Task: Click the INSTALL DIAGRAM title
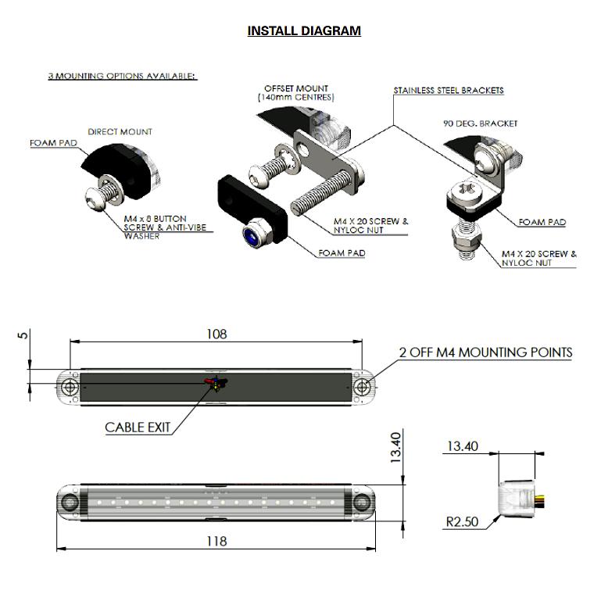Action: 304,31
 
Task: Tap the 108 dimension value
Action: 216,334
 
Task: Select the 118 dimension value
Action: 216,541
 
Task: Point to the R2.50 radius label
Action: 462,521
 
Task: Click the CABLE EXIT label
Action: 138,427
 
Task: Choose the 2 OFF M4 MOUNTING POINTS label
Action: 485,352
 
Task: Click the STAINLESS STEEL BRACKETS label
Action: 448,91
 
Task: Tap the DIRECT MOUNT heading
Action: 120,132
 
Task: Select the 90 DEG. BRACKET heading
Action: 481,123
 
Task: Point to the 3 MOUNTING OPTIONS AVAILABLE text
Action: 122,76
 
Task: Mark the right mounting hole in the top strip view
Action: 362,387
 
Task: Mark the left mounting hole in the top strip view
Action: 70,387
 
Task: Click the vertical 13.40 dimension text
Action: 396,448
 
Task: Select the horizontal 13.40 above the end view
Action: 462,447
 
